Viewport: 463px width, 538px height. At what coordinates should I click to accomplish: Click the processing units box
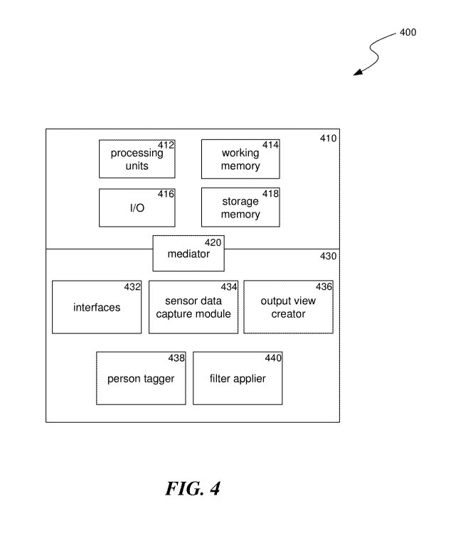coord(136,158)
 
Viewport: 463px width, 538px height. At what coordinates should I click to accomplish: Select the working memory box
coord(240,158)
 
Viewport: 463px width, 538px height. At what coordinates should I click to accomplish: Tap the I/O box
coord(136,208)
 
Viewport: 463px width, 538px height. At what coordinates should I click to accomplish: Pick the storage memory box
coord(240,208)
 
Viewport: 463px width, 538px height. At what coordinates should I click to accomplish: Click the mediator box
coord(188,254)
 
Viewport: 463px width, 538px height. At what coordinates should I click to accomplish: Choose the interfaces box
coord(97,307)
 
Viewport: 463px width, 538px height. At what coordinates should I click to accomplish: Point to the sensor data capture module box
coord(193,307)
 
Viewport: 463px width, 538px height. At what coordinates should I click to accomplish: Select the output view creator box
coord(288,307)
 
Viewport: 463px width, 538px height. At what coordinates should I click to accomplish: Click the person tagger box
coord(141,378)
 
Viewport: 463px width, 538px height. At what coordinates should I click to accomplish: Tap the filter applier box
coord(238,378)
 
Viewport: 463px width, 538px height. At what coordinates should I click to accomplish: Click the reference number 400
coord(408,33)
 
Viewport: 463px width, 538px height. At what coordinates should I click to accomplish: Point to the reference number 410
coord(329,138)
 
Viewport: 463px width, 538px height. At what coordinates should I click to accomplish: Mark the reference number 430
coord(329,257)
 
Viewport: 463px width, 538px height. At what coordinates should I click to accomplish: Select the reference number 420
coord(213,242)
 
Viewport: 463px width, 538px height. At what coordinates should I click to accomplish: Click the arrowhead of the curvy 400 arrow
coord(357,72)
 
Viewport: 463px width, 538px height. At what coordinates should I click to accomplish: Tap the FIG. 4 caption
coord(193,489)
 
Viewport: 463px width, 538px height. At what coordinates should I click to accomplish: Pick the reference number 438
coord(176,358)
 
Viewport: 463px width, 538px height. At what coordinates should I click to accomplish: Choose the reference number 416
coord(165,194)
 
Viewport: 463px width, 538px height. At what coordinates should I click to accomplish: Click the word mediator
coord(188,254)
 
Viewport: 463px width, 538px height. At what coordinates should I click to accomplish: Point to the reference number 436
coord(324,286)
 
